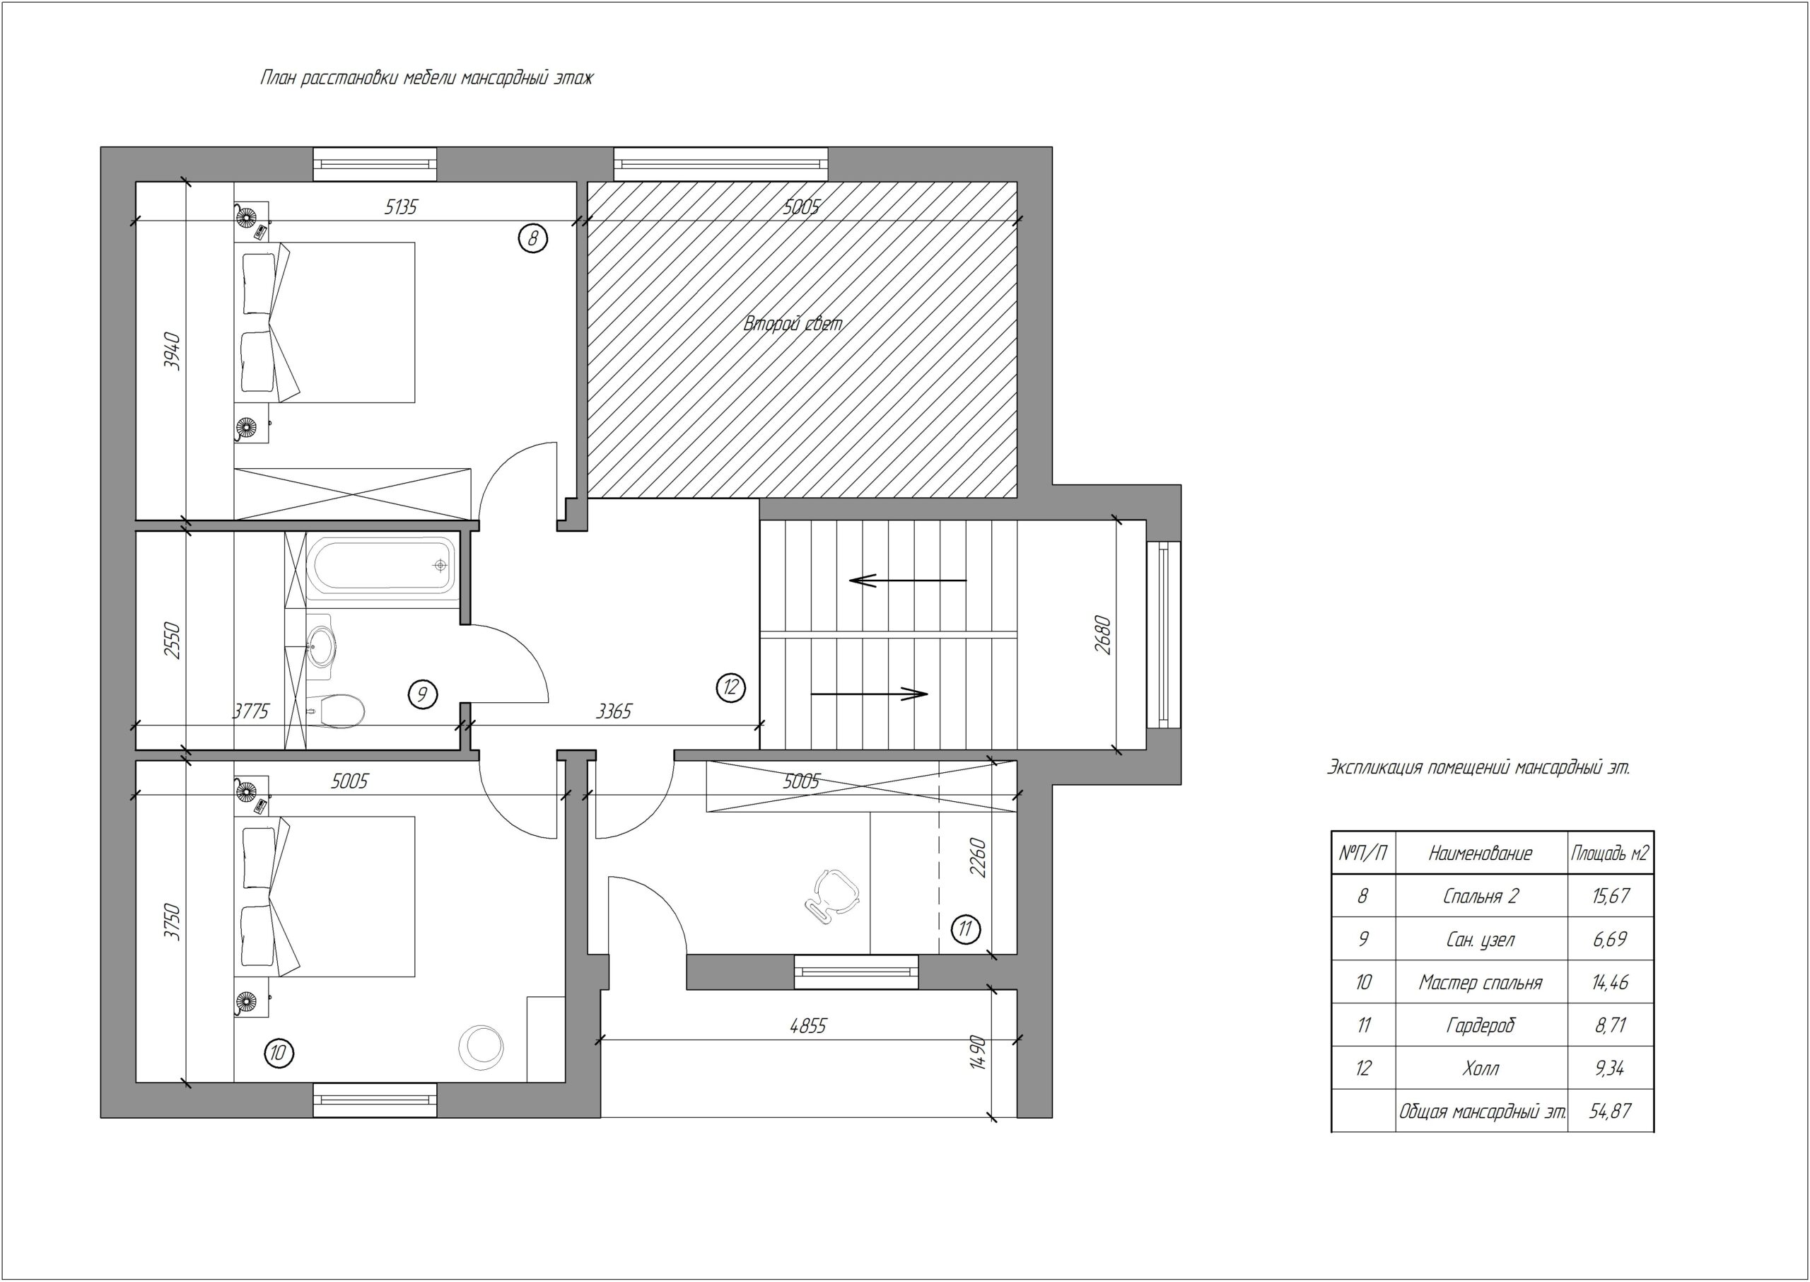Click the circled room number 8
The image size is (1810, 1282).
point(533,237)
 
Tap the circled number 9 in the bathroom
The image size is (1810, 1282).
point(422,694)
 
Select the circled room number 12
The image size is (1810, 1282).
point(730,687)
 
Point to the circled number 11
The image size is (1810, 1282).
point(964,929)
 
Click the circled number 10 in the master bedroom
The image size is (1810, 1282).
point(279,1052)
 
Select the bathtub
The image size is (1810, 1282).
point(380,565)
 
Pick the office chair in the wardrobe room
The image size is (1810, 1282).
point(832,895)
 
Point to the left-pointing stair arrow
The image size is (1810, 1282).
point(908,581)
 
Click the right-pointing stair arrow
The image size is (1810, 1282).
point(869,694)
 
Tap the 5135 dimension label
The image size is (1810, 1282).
point(401,206)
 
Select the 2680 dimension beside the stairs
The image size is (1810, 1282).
point(1103,635)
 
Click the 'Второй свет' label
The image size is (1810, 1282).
point(793,324)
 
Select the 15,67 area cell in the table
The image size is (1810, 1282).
point(1611,896)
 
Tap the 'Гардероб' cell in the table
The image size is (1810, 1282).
point(1481,1025)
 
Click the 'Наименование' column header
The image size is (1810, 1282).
point(1481,853)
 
